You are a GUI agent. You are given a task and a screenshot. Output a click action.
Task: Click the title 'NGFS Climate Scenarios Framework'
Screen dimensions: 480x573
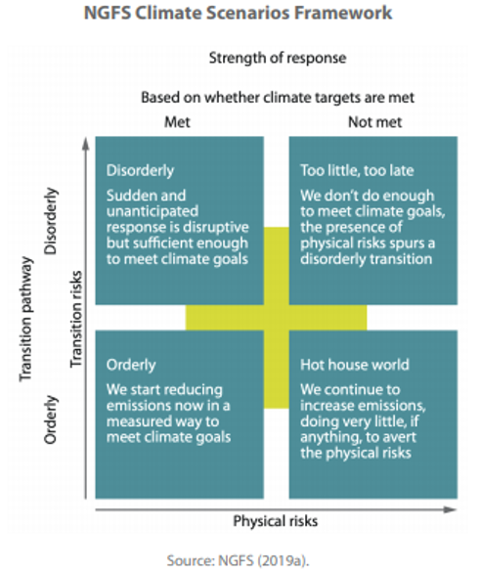pos(238,14)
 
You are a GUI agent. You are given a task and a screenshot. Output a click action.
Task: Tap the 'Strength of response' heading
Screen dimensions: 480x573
pos(278,58)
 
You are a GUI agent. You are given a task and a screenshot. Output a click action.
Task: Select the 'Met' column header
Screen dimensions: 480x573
pos(178,121)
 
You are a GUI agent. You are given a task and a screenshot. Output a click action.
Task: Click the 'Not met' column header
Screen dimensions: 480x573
pos(375,121)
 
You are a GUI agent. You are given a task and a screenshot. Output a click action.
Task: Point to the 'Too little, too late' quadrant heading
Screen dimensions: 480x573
pos(357,170)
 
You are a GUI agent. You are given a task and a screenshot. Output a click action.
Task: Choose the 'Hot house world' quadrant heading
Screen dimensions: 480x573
pos(355,365)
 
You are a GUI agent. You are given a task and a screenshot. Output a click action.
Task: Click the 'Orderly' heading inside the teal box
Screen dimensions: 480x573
pos(131,365)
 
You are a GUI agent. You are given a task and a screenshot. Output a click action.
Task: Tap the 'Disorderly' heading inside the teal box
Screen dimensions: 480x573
pos(140,171)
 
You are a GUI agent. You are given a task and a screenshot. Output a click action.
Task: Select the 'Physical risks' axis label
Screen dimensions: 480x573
pos(276,521)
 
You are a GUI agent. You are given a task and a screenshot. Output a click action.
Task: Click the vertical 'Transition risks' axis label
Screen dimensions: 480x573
pos(76,319)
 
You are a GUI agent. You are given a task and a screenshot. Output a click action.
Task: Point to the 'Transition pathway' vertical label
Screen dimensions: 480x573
pos(26,319)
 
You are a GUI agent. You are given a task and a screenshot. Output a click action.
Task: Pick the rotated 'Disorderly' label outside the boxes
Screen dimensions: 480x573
pos(51,221)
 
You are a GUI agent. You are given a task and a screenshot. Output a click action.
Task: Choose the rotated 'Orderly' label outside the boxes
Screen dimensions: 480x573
pos(51,419)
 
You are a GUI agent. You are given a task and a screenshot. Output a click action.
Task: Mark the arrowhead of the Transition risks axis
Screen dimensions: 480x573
pos(86,144)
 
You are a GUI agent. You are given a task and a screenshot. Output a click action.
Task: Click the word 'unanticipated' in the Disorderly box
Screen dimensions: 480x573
pos(153,212)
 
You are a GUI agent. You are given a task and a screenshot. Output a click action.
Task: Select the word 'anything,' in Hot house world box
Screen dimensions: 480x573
pos(327,438)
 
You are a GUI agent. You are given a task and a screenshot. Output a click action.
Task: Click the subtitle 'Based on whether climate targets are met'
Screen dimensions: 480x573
pos(278,98)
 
